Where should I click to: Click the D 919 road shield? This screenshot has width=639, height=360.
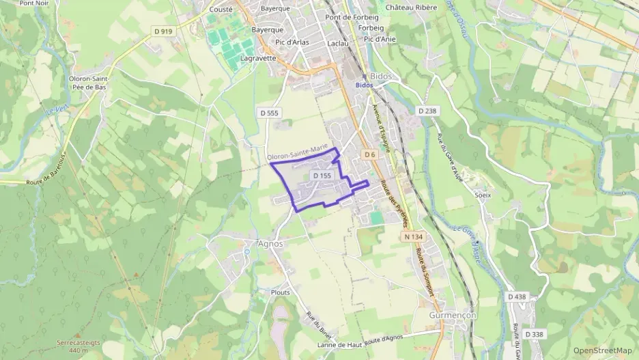point(162,31)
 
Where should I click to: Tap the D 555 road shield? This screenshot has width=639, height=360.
point(270,112)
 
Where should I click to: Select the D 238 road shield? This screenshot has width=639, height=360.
point(427,111)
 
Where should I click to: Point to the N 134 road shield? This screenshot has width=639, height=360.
point(413,236)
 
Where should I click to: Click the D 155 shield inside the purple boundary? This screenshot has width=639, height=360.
point(322,176)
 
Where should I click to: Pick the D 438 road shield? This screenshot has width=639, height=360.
point(517,296)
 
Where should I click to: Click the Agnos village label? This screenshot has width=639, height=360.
point(270,243)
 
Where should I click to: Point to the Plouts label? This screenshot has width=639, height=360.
point(280,292)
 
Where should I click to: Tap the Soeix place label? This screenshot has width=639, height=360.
point(483,195)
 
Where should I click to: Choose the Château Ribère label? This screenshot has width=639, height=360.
point(412,8)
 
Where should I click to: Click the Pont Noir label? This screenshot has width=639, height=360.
point(33,3)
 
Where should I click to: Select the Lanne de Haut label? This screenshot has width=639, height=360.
point(341,345)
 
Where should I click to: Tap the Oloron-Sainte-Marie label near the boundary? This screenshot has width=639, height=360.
point(298,152)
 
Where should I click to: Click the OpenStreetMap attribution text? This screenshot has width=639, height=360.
point(603,350)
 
